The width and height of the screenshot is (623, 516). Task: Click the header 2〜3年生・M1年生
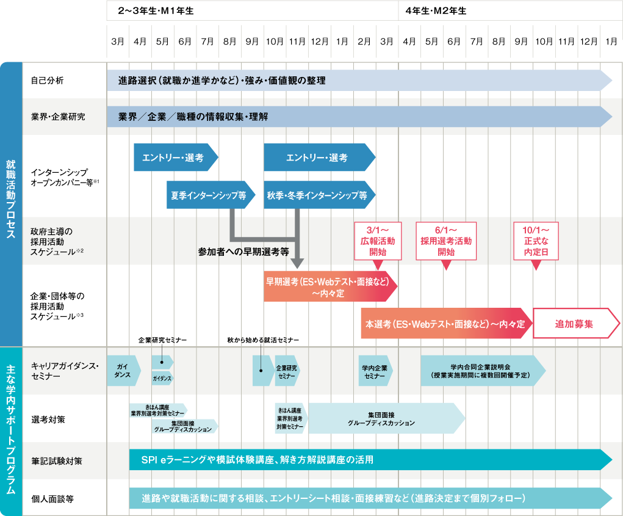pyautogui.click(x=156, y=11)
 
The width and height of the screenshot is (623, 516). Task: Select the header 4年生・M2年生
pyautogui.click(x=436, y=11)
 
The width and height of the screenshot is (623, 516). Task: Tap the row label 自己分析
pyautogui.click(x=47, y=81)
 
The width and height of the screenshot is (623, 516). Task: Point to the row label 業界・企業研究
pyautogui.click(x=58, y=117)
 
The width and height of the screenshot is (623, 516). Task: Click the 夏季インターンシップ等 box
pyautogui.click(x=211, y=195)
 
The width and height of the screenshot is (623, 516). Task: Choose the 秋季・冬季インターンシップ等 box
pyautogui.click(x=320, y=195)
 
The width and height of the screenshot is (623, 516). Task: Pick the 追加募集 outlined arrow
pyautogui.click(x=576, y=323)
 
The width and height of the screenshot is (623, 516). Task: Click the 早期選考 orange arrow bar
pyautogui.click(x=331, y=286)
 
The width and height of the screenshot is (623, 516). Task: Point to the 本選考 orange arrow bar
pyautogui.click(x=447, y=323)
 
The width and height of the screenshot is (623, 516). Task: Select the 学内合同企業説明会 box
pyautogui.click(x=483, y=371)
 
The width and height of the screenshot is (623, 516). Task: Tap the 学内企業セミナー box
pyautogui.click(x=375, y=371)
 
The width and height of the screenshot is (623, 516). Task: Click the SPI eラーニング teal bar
pyautogui.click(x=370, y=460)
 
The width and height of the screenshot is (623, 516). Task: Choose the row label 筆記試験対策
pyautogui.click(x=57, y=461)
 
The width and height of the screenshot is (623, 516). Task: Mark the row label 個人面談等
pyautogui.click(x=52, y=499)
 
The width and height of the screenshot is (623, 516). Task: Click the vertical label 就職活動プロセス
pyautogui.click(x=11, y=199)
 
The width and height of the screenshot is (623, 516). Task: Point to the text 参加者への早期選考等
pyautogui.click(x=243, y=252)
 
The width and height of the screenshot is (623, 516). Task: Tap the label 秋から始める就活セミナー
pyautogui.click(x=263, y=340)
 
